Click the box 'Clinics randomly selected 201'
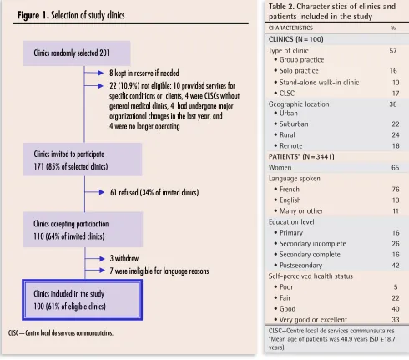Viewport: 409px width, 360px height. click(x=77, y=53)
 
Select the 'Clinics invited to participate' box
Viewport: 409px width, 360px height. click(x=83, y=160)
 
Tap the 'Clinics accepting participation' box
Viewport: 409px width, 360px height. click(x=83, y=230)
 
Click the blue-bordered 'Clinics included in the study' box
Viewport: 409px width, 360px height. click(x=83, y=300)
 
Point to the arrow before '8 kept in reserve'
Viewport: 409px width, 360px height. click(x=93, y=73)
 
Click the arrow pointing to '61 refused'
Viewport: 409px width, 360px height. click(x=94, y=192)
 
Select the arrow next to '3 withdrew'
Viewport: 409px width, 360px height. click(x=95, y=259)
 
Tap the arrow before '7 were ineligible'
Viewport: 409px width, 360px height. click(x=95, y=271)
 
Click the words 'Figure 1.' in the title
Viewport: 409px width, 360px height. click(x=33, y=15)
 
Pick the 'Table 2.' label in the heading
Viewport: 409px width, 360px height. click(x=281, y=7)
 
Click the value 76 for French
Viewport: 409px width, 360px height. click(x=396, y=190)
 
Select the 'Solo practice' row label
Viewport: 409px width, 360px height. click(x=299, y=71)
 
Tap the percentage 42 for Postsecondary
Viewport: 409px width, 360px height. click(x=396, y=266)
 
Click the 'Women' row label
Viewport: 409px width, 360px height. click(x=280, y=168)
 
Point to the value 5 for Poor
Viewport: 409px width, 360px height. click(x=396, y=287)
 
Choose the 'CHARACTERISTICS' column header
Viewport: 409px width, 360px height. click(x=290, y=28)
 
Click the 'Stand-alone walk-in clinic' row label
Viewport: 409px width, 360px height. click(x=319, y=83)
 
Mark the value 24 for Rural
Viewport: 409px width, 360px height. click(x=396, y=135)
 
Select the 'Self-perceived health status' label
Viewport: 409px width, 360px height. click(x=311, y=276)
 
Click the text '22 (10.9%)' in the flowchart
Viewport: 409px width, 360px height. click(x=124, y=85)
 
